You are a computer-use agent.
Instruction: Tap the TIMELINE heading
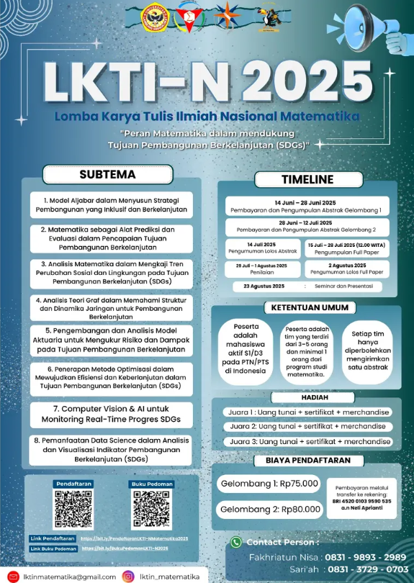(307, 179)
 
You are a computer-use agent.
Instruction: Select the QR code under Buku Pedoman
(152, 510)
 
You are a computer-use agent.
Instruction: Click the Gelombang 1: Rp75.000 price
(260, 484)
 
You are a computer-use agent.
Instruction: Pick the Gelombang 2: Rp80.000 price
(260, 509)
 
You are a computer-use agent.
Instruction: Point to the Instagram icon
(128, 576)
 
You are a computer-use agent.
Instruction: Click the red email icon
(12, 576)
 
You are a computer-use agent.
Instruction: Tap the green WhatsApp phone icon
(235, 542)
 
